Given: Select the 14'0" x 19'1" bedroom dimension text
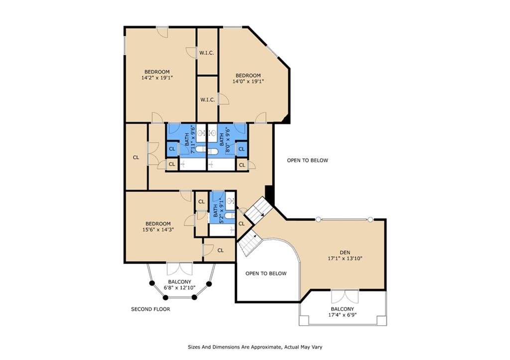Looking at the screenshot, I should click(248, 81).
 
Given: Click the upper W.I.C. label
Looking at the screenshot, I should click(207, 53).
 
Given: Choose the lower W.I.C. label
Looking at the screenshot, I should click(207, 100).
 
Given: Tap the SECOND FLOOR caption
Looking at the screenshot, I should click(150, 309).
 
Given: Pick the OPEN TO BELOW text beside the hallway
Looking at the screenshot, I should click(307, 160).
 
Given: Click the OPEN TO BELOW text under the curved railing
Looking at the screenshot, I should click(266, 273).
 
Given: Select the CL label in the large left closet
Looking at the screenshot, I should click(135, 157).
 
